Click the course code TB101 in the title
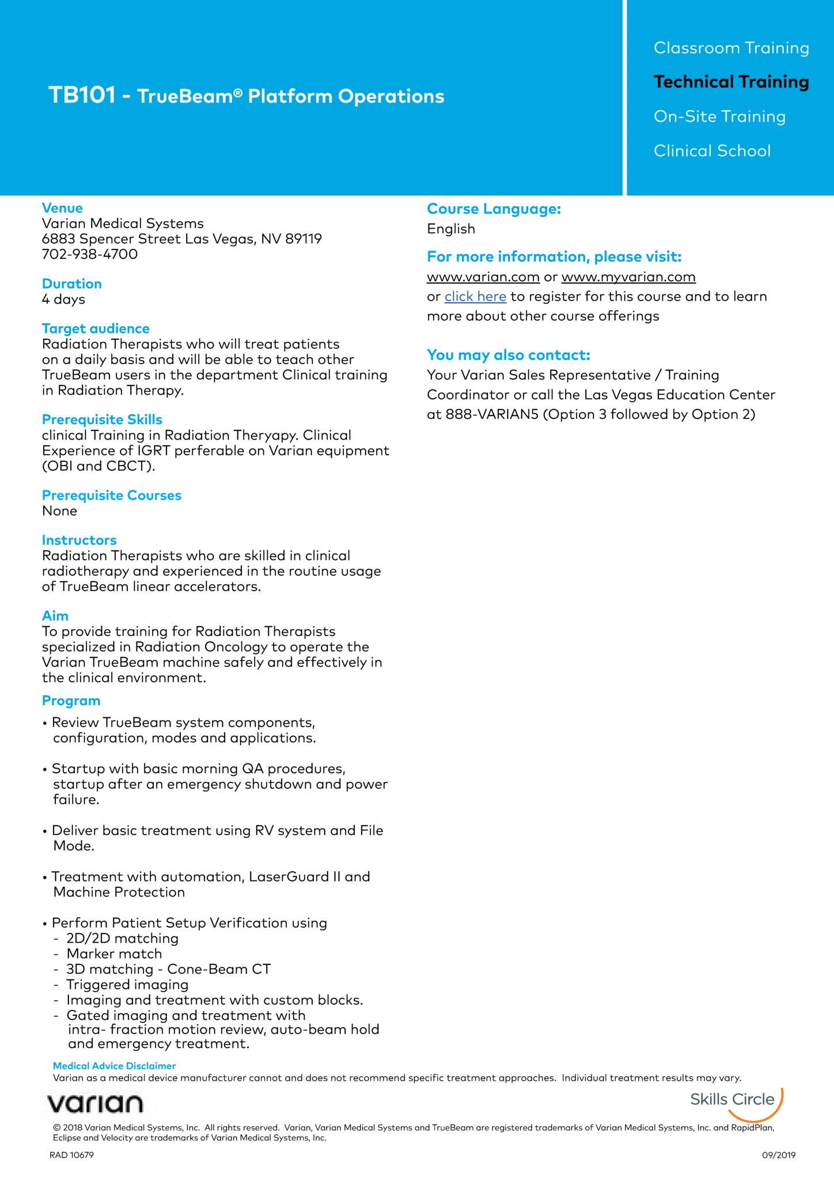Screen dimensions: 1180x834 tap(82, 96)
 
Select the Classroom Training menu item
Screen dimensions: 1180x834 tap(731, 48)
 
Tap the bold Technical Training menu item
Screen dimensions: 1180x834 tap(731, 82)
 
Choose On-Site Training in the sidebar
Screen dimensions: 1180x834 tap(719, 116)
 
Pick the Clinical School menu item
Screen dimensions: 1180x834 tap(712, 151)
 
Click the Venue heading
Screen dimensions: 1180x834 tap(62, 208)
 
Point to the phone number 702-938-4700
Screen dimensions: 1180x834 tap(90, 254)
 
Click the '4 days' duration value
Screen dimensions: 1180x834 tap(63, 299)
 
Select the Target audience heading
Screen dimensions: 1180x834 tap(96, 328)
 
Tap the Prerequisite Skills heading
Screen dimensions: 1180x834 tap(102, 419)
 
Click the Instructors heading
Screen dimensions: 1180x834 tap(79, 540)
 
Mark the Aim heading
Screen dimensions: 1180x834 tap(55, 615)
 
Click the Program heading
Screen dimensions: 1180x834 tap(71, 701)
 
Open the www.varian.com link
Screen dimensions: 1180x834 tap(483, 277)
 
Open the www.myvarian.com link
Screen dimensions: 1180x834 tap(628, 277)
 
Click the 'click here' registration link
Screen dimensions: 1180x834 tap(475, 297)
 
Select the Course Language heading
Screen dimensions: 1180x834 tap(494, 209)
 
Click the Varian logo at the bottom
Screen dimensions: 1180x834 tap(95, 1104)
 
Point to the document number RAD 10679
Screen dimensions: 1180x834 tap(71, 1155)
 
